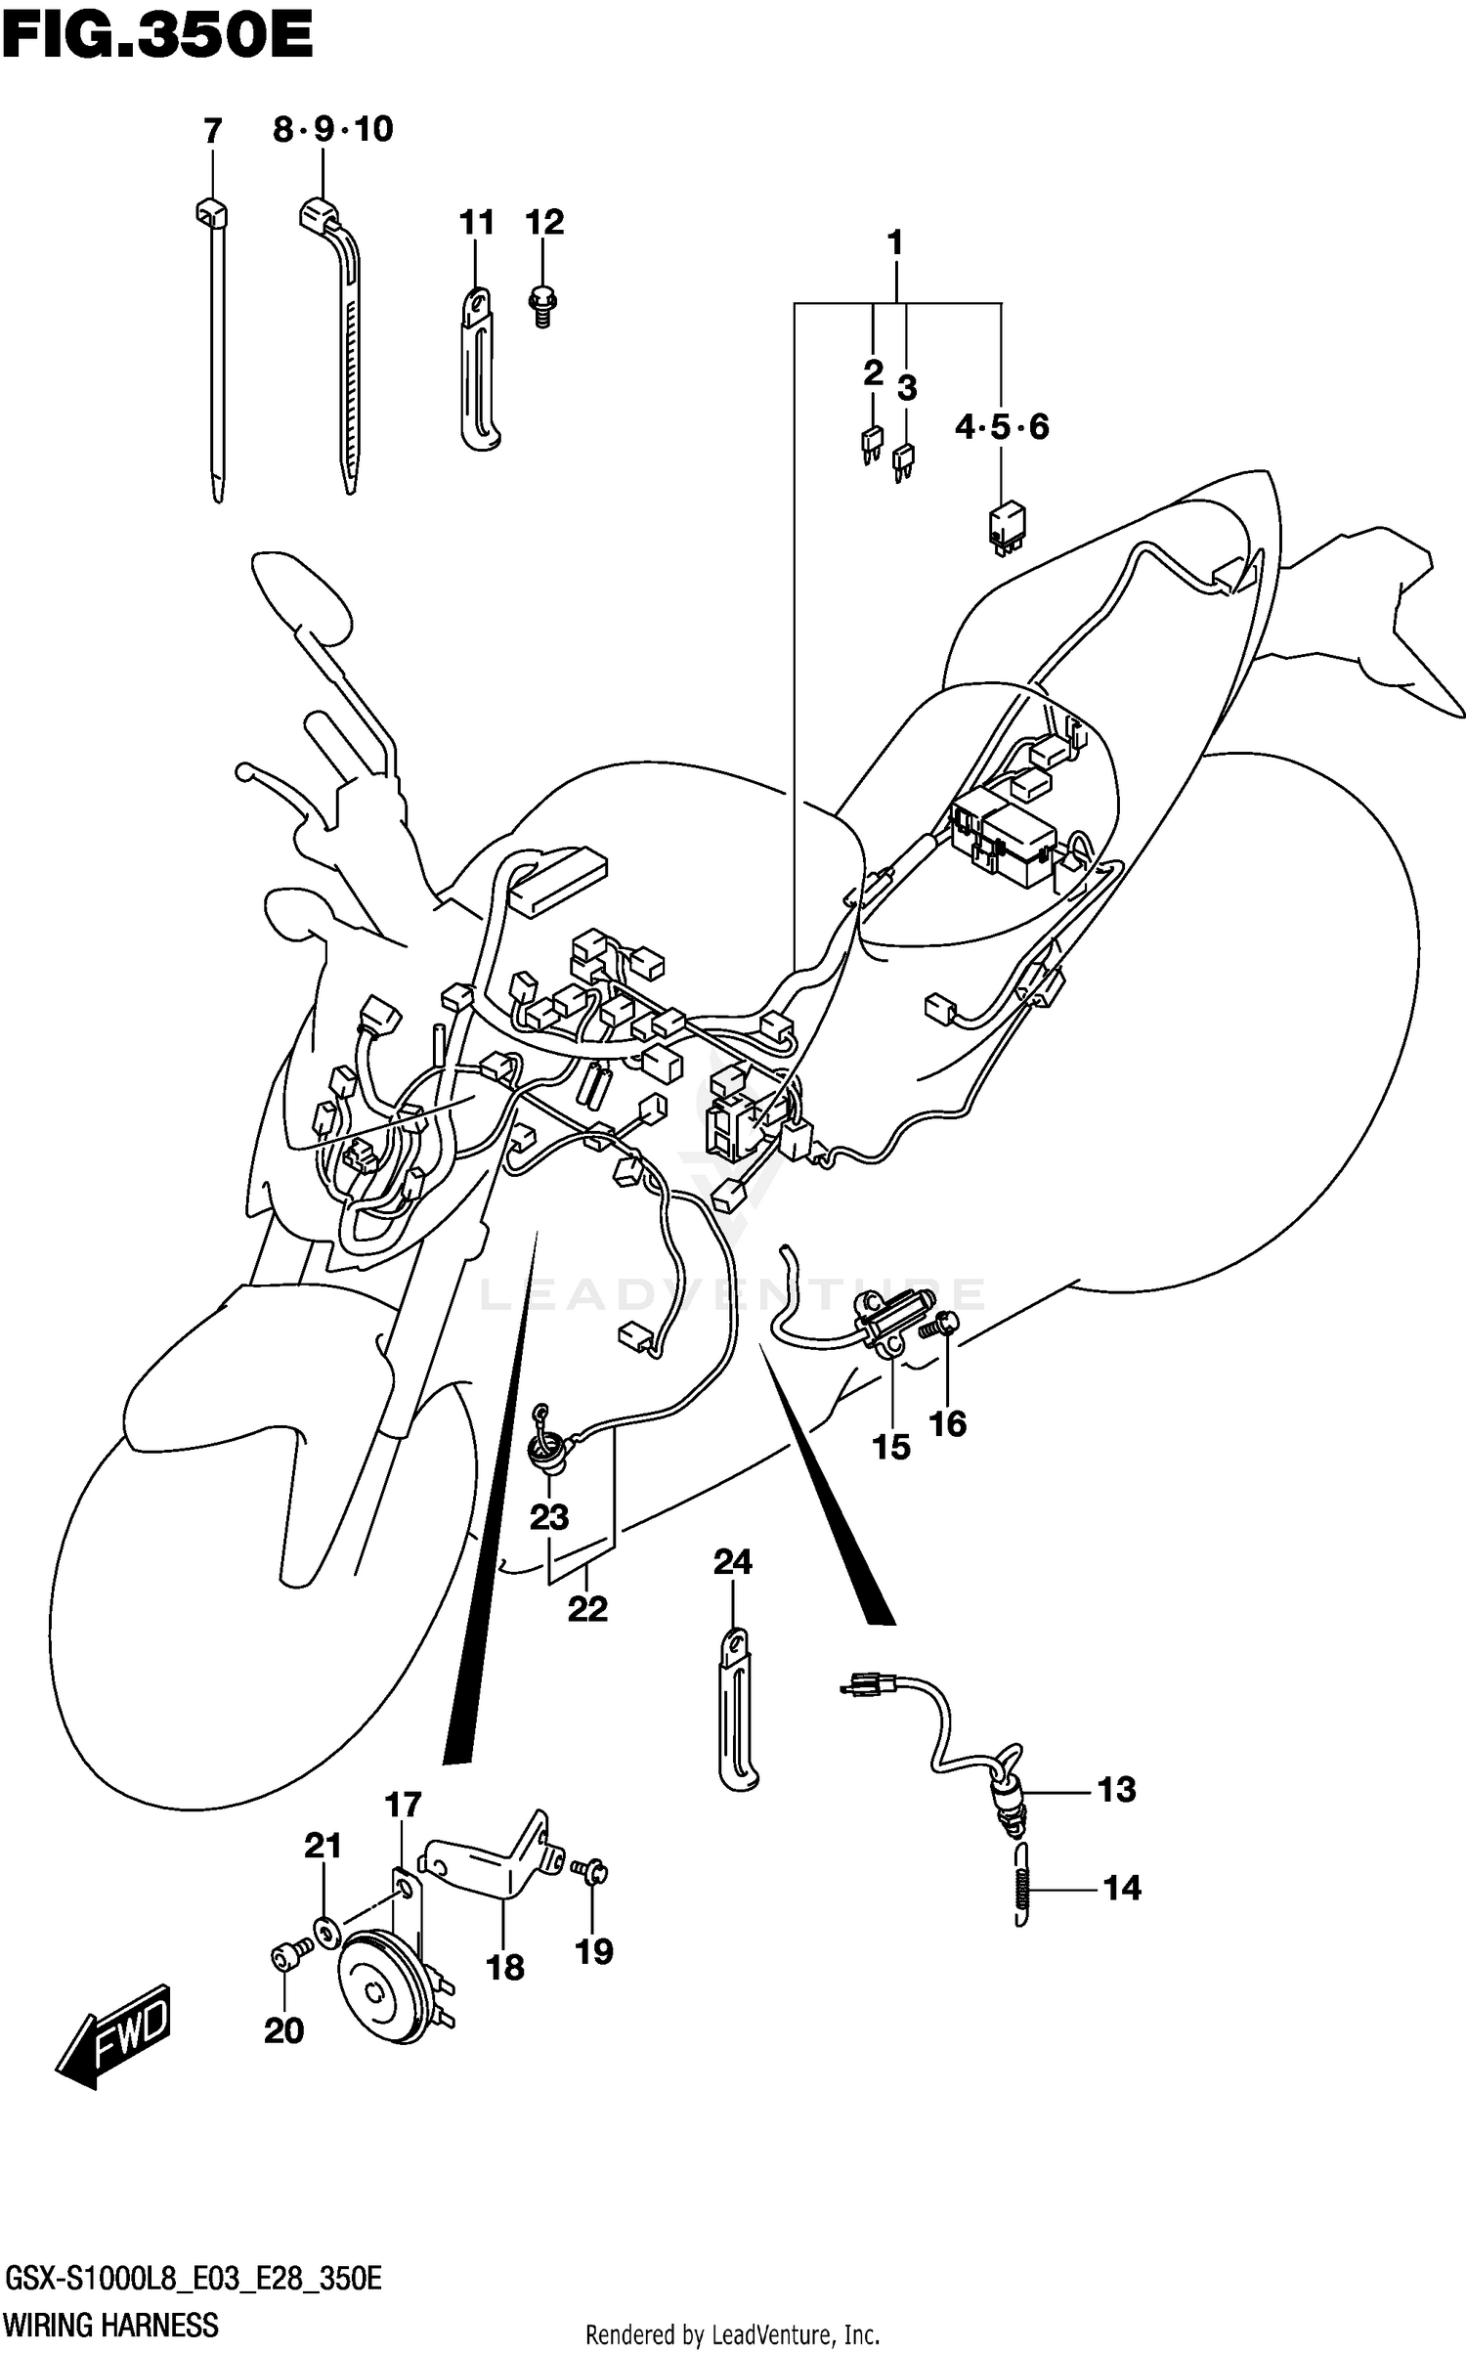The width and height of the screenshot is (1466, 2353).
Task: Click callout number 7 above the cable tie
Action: (x=212, y=131)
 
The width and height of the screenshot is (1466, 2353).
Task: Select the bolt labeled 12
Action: (x=540, y=304)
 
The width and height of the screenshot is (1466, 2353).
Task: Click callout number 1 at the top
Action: (x=894, y=242)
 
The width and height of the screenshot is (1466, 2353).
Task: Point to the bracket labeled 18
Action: (x=489, y=1872)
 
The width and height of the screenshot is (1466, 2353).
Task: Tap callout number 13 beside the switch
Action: (x=1116, y=1790)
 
